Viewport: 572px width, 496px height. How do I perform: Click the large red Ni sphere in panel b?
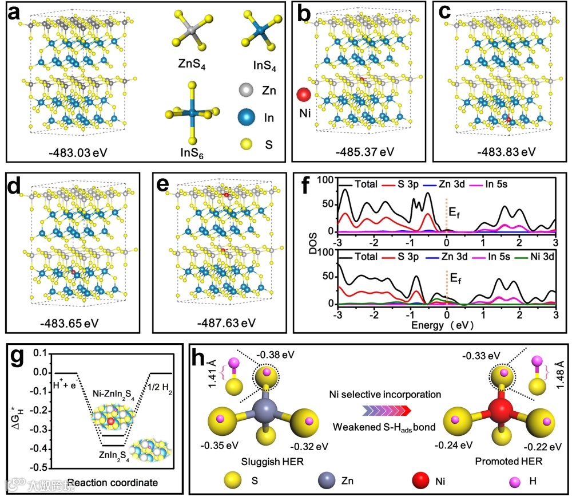click(x=304, y=95)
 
